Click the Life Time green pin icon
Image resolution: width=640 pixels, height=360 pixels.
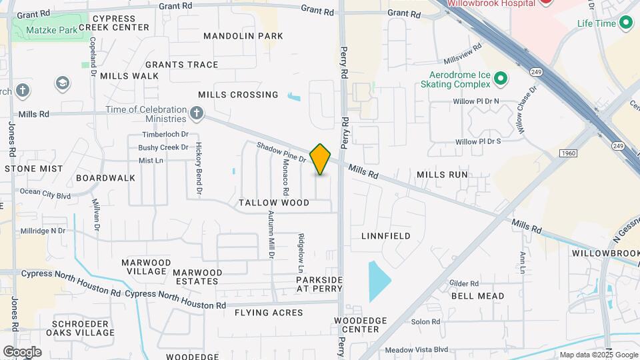[x=625, y=24]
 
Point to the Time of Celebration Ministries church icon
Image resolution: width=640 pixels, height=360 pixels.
[x=196, y=113]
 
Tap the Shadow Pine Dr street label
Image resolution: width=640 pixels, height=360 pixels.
[x=281, y=153]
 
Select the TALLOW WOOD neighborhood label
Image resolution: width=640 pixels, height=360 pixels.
[x=274, y=203]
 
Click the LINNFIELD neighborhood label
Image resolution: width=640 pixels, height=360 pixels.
[x=386, y=236]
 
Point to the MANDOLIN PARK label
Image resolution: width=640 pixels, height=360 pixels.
[x=243, y=36]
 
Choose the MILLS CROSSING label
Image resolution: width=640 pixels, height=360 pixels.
[x=238, y=95]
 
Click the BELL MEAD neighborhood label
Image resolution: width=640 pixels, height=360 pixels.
[x=477, y=296]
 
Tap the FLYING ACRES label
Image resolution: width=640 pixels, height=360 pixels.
[x=269, y=313]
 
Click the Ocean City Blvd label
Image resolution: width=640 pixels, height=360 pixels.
[x=45, y=195]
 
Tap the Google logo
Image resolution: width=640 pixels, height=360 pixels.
[x=22, y=352]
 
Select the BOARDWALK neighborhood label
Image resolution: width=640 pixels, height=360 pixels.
[x=105, y=178]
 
